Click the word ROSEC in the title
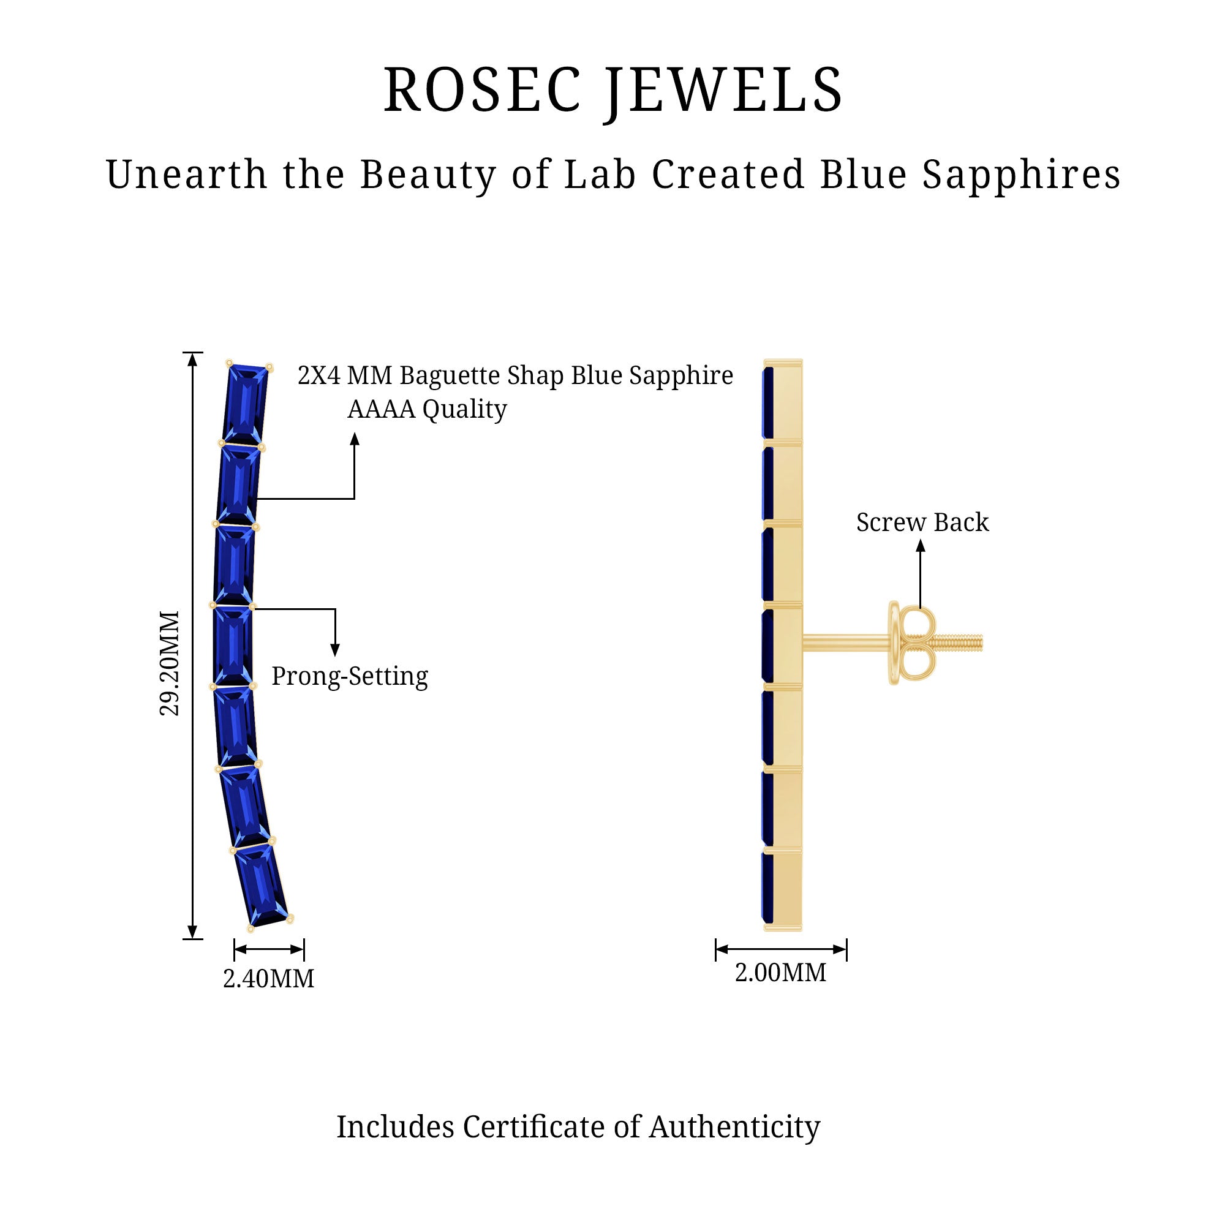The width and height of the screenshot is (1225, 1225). (482, 90)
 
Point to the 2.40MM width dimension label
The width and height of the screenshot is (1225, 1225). (268, 978)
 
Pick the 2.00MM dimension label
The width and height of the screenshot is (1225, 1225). (780, 972)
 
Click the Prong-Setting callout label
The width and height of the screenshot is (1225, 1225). (349, 677)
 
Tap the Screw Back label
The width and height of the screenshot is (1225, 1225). (922, 522)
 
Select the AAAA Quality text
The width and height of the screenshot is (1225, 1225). (427, 409)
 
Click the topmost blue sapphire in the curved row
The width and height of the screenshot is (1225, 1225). (246, 404)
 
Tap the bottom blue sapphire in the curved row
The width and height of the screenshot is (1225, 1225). (262, 885)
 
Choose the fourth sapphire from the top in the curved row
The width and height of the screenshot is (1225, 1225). (232, 645)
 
